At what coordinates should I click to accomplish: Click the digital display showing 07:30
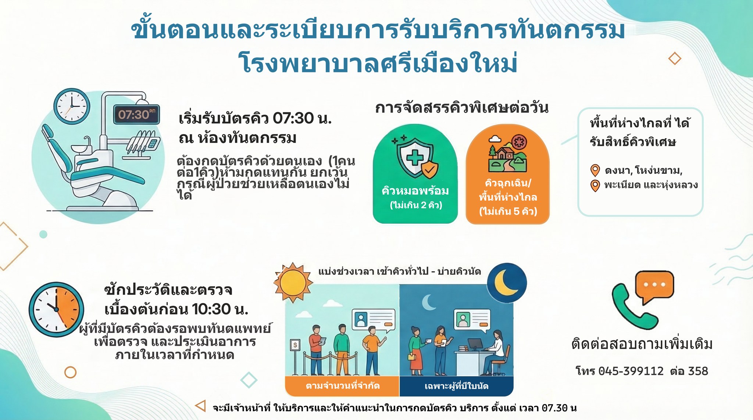tap(136, 114)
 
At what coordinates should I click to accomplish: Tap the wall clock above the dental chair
tap(72, 106)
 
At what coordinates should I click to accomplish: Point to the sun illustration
tap(293, 283)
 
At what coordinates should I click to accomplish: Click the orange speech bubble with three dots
tap(654, 287)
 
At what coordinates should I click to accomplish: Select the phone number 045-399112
tap(631, 371)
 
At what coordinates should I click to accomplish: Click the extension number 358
tap(698, 371)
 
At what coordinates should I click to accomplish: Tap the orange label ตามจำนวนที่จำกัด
tap(343, 386)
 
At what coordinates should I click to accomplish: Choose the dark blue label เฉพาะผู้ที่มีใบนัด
tap(456, 386)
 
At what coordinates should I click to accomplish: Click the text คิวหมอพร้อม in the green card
tap(415, 191)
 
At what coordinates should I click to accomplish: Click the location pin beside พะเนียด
tap(595, 186)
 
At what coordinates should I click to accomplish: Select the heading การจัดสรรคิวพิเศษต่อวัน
tap(462, 108)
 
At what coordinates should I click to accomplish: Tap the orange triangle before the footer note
tap(200, 406)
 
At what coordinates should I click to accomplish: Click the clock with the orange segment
tap(56, 309)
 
